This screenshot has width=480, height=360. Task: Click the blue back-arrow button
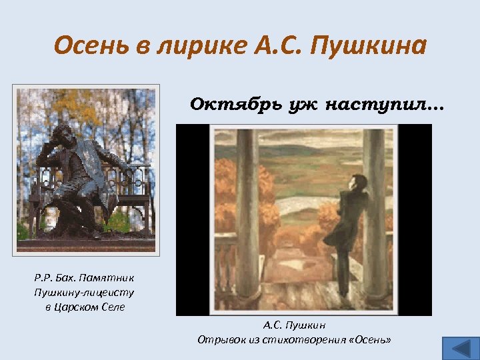point(459,349)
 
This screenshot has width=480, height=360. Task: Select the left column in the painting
point(247,213)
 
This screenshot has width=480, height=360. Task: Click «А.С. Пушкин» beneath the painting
point(294,325)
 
